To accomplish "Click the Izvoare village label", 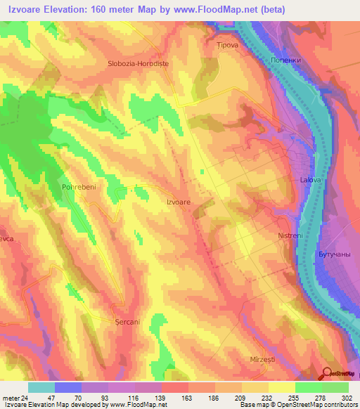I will click(178, 202).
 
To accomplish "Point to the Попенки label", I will click(286, 60).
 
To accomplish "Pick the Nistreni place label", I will click(290, 235).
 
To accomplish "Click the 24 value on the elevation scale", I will click(24, 397).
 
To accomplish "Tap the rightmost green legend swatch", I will click(335, 387).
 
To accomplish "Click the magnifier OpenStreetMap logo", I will click(327, 374).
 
